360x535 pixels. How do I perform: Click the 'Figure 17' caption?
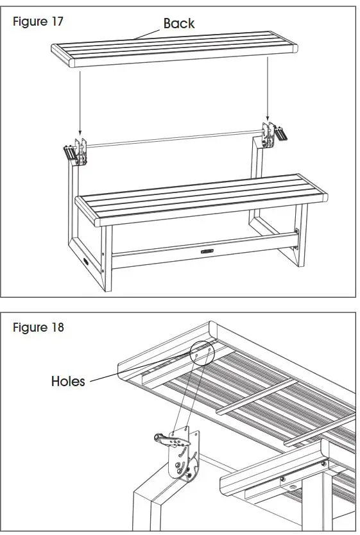(39, 21)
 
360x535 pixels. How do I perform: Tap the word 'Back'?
(178, 24)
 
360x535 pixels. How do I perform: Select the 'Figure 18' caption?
(39, 327)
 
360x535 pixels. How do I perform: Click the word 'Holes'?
(68, 382)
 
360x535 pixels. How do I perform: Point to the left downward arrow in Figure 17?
(78, 103)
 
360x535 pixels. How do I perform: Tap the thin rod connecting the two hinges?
(173, 140)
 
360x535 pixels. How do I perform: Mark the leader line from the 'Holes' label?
(141, 369)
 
